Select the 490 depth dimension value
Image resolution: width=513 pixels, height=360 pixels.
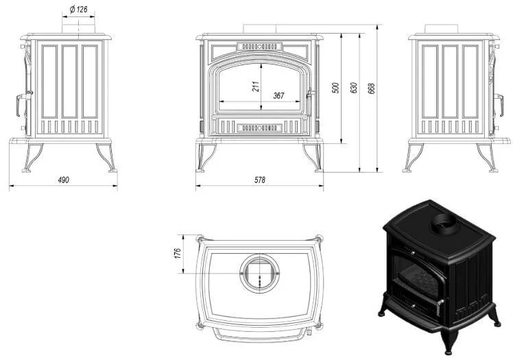pyautogui.click(x=63, y=180)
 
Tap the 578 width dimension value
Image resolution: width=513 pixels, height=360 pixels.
pyautogui.click(x=260, y=180)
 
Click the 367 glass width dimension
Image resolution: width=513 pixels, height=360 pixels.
pyautogui.click(x=278, y=96)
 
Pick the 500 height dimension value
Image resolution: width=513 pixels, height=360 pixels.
pyautogui.click(x=335, y=88)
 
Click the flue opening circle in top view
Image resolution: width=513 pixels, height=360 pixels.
pyautogui.click(x=260, y=273)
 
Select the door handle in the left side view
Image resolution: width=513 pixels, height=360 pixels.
pyautogui.click(x=17, y=103)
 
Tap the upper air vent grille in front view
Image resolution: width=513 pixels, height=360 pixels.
pyautogui.click(x=260, y=47)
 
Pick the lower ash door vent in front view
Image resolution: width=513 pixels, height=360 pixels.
pyautogui.click(x=260, y=127)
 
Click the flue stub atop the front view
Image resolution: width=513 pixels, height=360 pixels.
pyautogui.click(x=260, y=28)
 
